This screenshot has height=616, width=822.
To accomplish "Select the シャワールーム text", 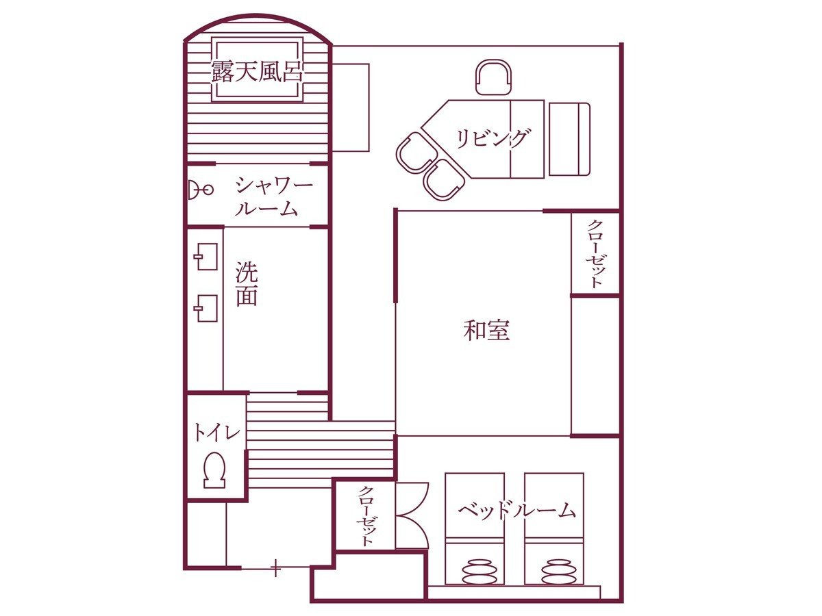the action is click(274, 197).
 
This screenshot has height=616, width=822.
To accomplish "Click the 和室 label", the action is click(486, 330).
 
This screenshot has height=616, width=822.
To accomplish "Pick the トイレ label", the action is click(216, 433).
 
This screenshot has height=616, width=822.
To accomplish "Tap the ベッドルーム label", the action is click(516, 511).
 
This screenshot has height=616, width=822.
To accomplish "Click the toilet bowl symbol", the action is click(215, 470).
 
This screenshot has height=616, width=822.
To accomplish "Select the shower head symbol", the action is click(200, 190).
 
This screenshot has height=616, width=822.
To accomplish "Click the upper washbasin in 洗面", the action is click(206, 257).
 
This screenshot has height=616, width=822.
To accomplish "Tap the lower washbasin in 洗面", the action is click(206, 308).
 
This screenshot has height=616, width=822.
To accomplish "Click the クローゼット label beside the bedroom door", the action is click(366, 516).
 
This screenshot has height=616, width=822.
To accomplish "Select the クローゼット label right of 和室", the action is click(595, 253).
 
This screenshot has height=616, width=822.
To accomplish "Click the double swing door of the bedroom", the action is click(412, 515).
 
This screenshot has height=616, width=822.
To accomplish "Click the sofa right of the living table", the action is click(570, 139).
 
